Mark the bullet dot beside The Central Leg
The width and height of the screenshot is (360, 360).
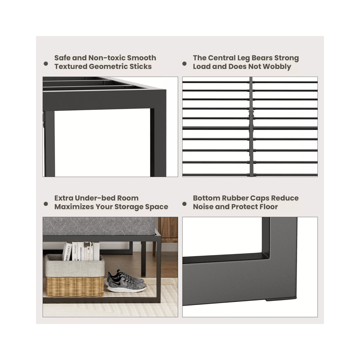pyautogui.click(x=185, y=64)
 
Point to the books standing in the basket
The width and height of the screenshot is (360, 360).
pyautogui.click(x=80, y=251)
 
